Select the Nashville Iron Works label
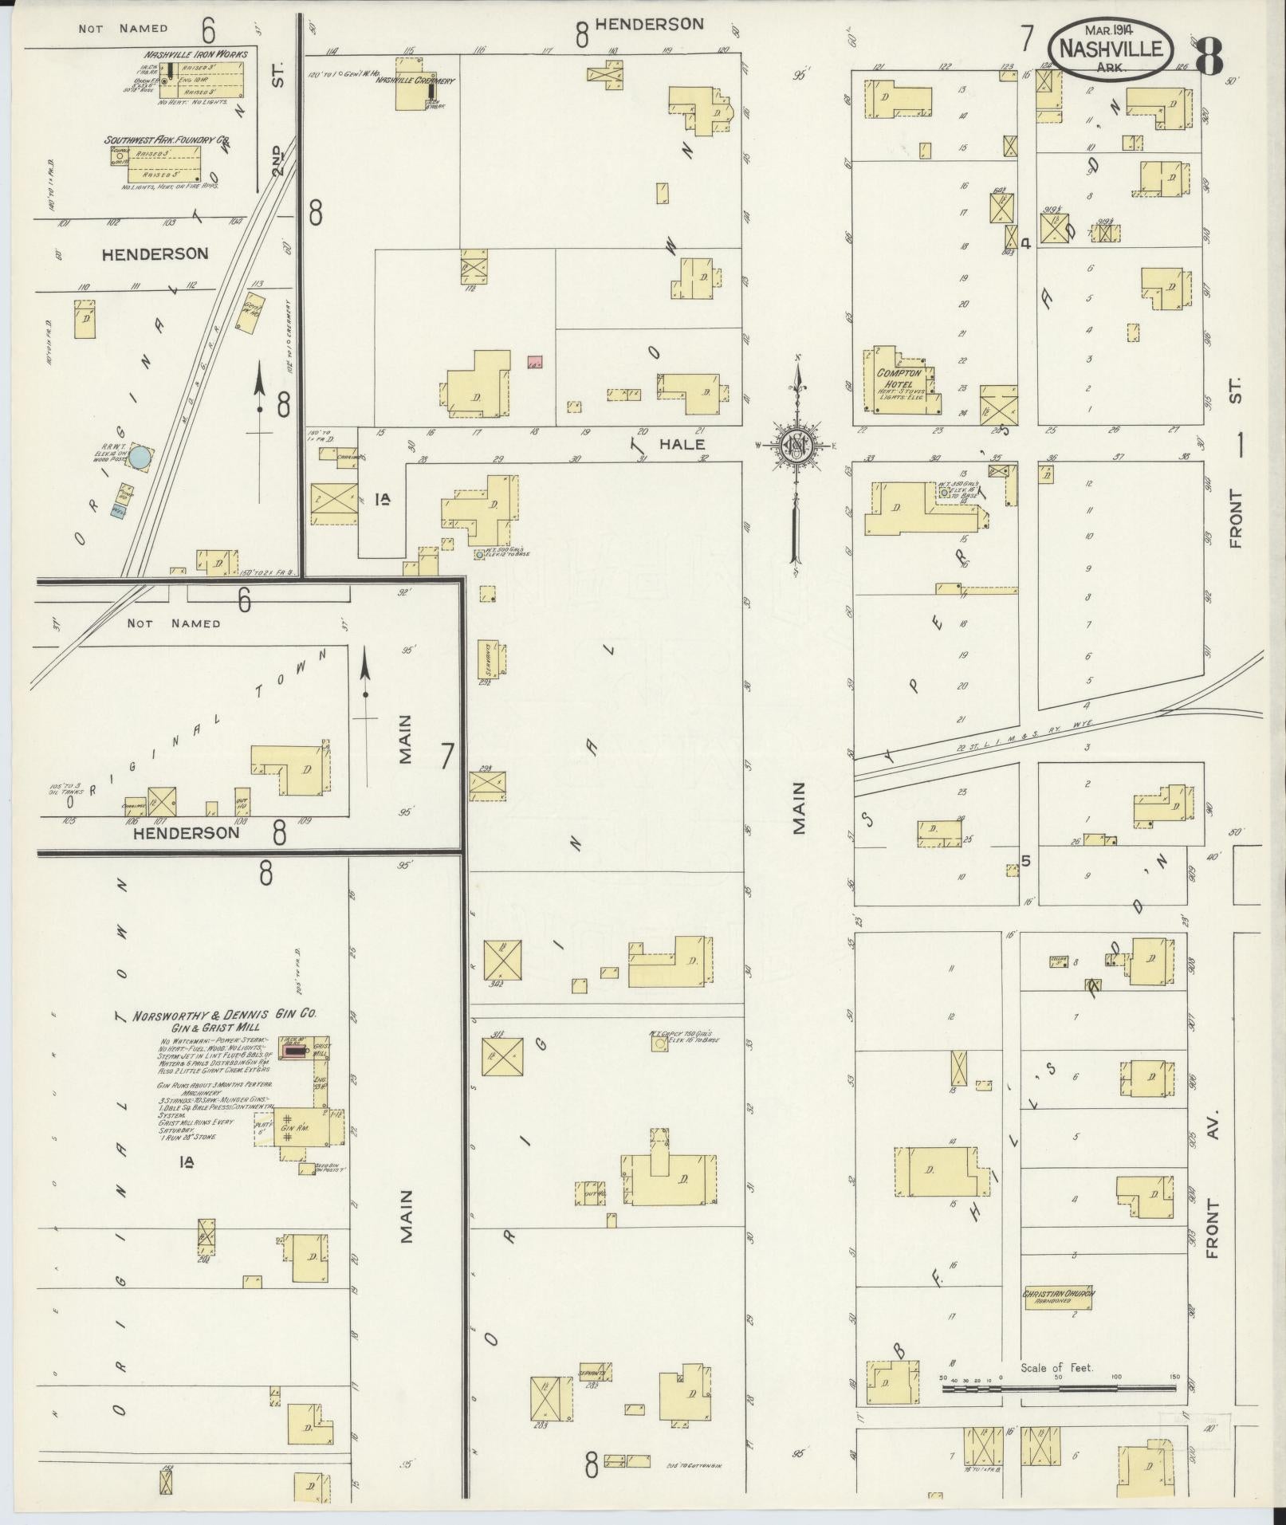pyautogui.click(x=195, y=54)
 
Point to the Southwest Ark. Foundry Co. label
pyautogui.click(x=167, y=140)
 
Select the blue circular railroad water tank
pyautogui.click(x=140, y=458)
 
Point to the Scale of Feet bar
pyautogui.click(x=1059, y=1388)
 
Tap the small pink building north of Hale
pyautogui.click(x=534, y=363)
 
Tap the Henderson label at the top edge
pyautogui.click(x=649, y=24)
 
